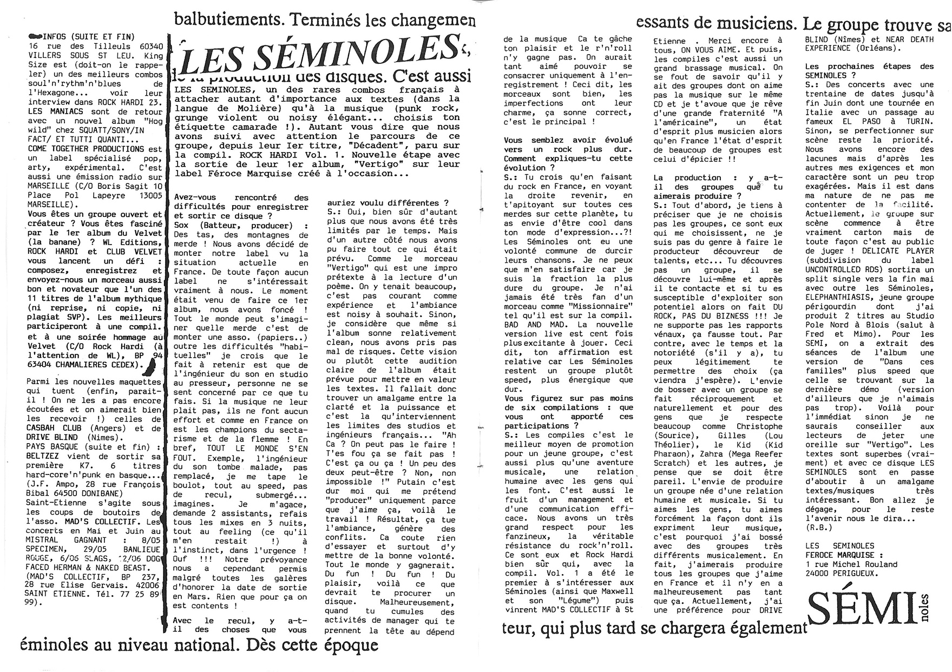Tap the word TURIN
click(x=918, y=122)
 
